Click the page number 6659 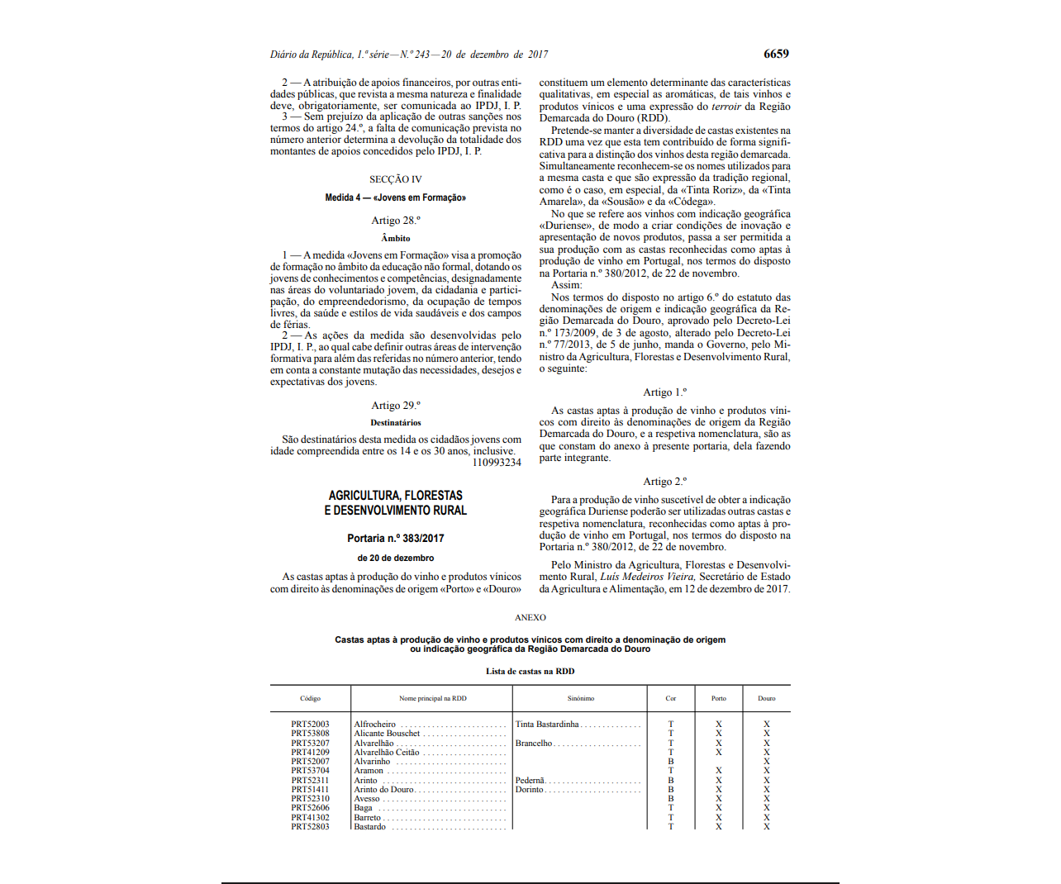(x=776, y=54)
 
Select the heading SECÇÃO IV (x=396, y=179)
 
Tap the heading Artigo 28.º (x=396, y=221)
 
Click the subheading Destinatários (x=396, y=423)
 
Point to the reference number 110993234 (x=497, y=463)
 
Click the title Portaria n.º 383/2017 (x=396, y=539)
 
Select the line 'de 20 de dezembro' (x=396, y=558)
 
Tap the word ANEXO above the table (x=530, y=618)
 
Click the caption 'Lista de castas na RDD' (x=530, y=672)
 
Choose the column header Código (x=310, y=699)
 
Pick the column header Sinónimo (x=581, y=699)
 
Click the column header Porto (x=719, y=699)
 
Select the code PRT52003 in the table (x=310, y=725)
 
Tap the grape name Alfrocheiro (x=375, y=725)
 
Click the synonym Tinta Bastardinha (x=547, y=725)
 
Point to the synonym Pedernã (x=530, y=781)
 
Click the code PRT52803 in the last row (x=310, y=827)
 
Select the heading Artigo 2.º (x=665, y=482)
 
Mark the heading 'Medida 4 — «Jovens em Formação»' (x=396, y=198)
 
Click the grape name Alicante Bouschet (x=387, y=734)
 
